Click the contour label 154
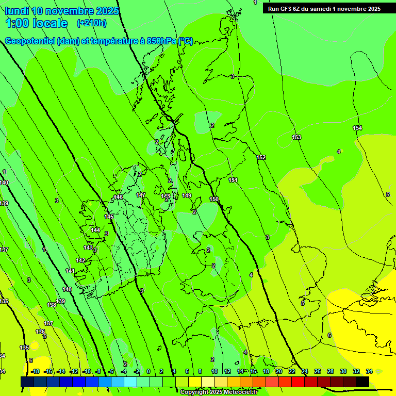coord(357,128)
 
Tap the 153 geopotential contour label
coord(296,137)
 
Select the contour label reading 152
coord(261,157)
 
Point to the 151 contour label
coord(233,180)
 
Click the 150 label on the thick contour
coord(214,199)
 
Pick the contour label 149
coord(187,195)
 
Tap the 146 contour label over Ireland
coord(118,197)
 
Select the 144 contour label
coord(95,230)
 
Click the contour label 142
coord(80,260)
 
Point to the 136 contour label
coord(40,332)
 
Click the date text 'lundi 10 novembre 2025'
coord(62,11)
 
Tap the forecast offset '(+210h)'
coord(92,23)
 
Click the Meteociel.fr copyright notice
coord(219,392)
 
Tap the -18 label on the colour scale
coord(35,371)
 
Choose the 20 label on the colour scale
coord(279,371)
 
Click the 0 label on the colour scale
coord(148,371)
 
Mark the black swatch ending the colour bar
coord(362,382)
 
